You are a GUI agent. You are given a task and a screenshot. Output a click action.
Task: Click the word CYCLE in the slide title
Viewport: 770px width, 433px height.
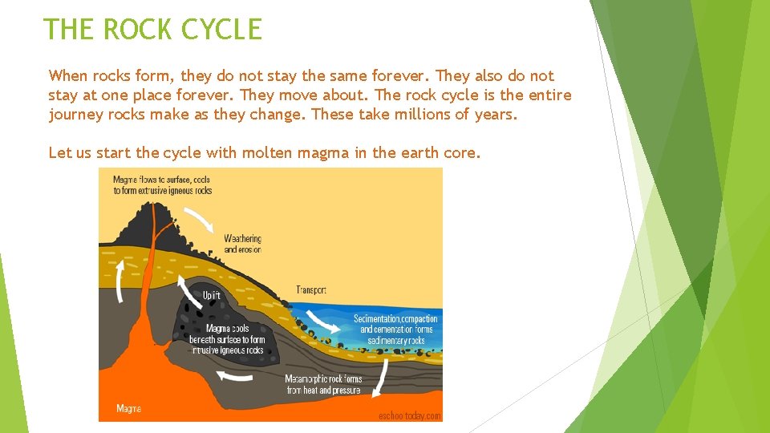[x=221, y=30]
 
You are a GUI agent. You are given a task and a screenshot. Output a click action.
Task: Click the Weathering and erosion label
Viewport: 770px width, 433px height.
[x=242, y=244]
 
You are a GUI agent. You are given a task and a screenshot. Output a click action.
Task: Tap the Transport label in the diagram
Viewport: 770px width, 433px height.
[x=311, y=290]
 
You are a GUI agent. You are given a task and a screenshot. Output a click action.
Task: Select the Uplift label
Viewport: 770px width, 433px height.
[x=211, y=296]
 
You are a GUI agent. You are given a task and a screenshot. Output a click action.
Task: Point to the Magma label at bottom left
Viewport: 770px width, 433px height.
[x=128, y=408]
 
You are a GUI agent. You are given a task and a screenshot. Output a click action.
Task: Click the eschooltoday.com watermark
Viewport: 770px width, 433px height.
[x=409, y=415]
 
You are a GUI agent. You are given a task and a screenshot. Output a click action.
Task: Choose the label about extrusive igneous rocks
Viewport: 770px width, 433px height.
[x=162, y=185]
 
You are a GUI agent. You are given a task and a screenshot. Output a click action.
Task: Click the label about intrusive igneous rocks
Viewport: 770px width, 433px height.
[x=226, y=339]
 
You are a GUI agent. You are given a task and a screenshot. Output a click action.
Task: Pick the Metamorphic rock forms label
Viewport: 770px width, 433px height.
[x=323, y=384]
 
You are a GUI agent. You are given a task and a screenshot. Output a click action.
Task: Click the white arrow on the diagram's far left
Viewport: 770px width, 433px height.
[x=120, y=282]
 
